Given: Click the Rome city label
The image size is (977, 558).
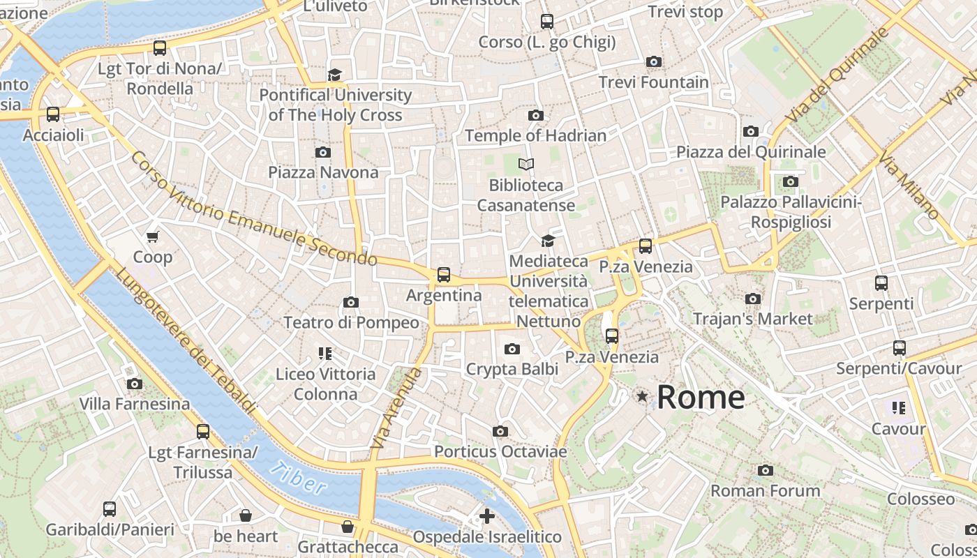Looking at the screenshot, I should [701, 398].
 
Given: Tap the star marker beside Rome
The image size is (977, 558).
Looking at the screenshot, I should [641, 396].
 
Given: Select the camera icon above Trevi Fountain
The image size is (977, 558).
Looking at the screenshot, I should [654, 61].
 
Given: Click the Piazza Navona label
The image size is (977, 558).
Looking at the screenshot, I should [323, 172].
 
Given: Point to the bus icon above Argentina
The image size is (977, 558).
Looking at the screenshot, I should [444, 275].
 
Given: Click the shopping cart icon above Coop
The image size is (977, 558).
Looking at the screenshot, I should [153, 236].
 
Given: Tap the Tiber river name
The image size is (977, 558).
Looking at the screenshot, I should [299, 478].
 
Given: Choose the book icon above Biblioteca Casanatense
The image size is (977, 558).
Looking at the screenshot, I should [526, 165].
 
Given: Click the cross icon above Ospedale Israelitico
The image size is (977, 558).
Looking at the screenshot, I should [487, 517].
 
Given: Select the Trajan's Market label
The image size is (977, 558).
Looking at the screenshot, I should [752, 319].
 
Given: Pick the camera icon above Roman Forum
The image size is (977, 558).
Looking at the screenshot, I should [766, 470].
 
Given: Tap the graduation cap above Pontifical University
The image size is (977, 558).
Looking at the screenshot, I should [335, 74].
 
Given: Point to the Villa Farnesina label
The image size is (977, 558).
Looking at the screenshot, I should [134, 404].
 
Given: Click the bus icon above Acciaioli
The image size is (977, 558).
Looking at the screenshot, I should [53, 114].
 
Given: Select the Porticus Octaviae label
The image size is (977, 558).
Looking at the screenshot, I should [500, 452].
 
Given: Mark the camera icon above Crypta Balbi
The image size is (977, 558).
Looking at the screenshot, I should [512, 349].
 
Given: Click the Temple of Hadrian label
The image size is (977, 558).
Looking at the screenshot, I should [535, 135].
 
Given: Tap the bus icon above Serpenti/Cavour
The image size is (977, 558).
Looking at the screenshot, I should [899, 347].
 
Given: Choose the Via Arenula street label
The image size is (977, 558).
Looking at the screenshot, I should [396, 408].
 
